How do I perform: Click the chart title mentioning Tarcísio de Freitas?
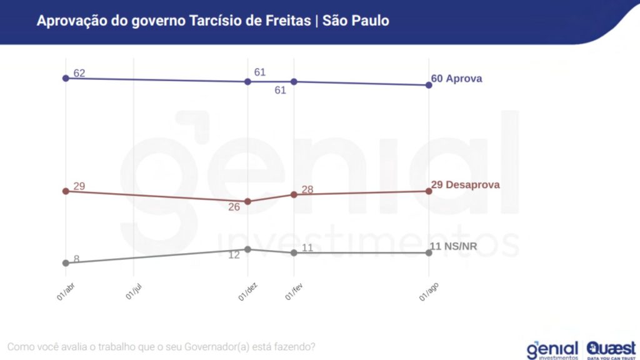click(x=212, y=21)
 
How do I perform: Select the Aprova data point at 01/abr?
click(x=65, y=78)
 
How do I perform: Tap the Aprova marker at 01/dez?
click(x=248, y=81)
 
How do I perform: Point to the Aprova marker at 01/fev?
click(x=294, y=82)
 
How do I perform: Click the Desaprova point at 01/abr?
click(x=65, y=191)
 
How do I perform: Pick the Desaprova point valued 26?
click(x=248, y=201)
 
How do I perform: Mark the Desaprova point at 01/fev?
click(x=294, y=194)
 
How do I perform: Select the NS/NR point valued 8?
click(x=65, y=263)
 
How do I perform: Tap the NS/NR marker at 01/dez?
click(x=248, y=249)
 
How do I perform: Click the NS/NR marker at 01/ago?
click(x=429, y=252)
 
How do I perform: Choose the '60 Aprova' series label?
click(x=457, y=79)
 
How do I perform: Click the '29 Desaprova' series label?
click(x=466, y=185)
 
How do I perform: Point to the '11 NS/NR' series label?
click(x=454, y=246)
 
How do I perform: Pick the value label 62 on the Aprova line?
click(x=79, y=73)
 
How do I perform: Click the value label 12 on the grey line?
click(x=234, y=255)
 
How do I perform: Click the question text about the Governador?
click(x=161, y=346)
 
